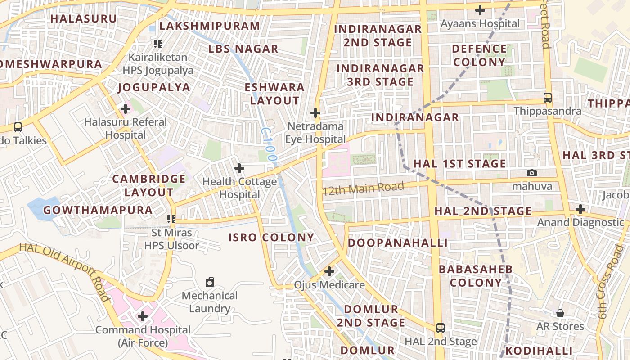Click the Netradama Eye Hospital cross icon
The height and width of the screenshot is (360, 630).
(315, 112)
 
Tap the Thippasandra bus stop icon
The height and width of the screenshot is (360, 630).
(548, 97)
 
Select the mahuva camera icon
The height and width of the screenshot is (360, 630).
(532, 173)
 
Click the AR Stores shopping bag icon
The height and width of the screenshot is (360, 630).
(560, 313)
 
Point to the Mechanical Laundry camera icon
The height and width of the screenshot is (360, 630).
(210, 282)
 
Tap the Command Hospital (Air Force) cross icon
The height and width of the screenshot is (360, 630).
(143, 316)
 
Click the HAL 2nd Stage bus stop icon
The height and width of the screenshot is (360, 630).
(440, 328)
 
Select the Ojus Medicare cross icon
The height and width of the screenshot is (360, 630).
(329, 271)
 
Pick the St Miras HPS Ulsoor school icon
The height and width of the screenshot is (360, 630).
(171, 219)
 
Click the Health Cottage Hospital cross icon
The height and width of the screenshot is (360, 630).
(239, 168)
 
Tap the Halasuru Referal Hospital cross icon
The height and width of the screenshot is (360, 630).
(126, 108)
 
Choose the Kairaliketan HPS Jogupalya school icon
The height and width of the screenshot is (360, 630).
(157, 44)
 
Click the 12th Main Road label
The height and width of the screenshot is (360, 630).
(363, 188)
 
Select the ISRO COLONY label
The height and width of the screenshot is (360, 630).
(271, 237)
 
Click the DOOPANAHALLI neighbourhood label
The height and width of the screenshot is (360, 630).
(398, 243)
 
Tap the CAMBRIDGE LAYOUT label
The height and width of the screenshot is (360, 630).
(143, 185)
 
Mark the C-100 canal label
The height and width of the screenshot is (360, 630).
(268, 144)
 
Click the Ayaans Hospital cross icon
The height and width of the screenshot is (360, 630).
(480, 10)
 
